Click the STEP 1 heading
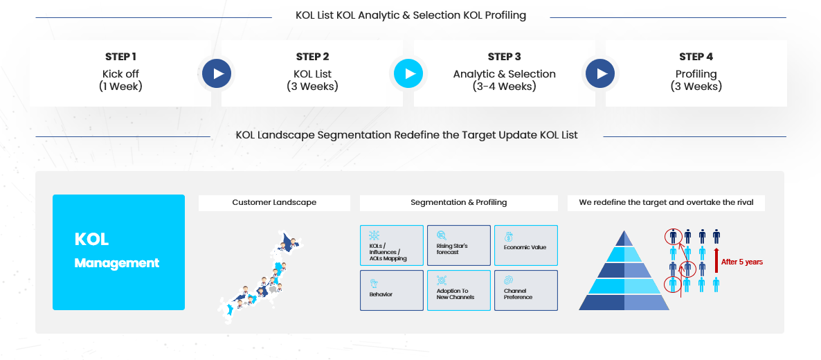click(x=120, y=57)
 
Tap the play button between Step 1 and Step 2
click(x=217, y=73)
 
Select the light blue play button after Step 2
click(x=408, y=73)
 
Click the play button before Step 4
click(x=600, y=73)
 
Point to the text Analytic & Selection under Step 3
click(x=504, y=74)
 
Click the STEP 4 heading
click(x=696, y=57)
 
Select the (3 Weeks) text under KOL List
click(x=313, y=87)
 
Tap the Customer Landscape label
click(x=274, y=202)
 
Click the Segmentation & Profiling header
click(x=459, y=202)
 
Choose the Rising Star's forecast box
click(x=459, y=245)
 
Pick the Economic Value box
click(x=525, y=245)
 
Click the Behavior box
click(x=392, y=290)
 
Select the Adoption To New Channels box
click(x=459, y=290)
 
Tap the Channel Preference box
click(x=525, y=290)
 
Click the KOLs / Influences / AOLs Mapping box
click(x=392, y=245)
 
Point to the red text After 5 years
click(x=742, y=262)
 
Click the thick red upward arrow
click(x=716, y=260)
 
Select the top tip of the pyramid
click(x=624, y=231)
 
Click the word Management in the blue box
click(x=117, y=262)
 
